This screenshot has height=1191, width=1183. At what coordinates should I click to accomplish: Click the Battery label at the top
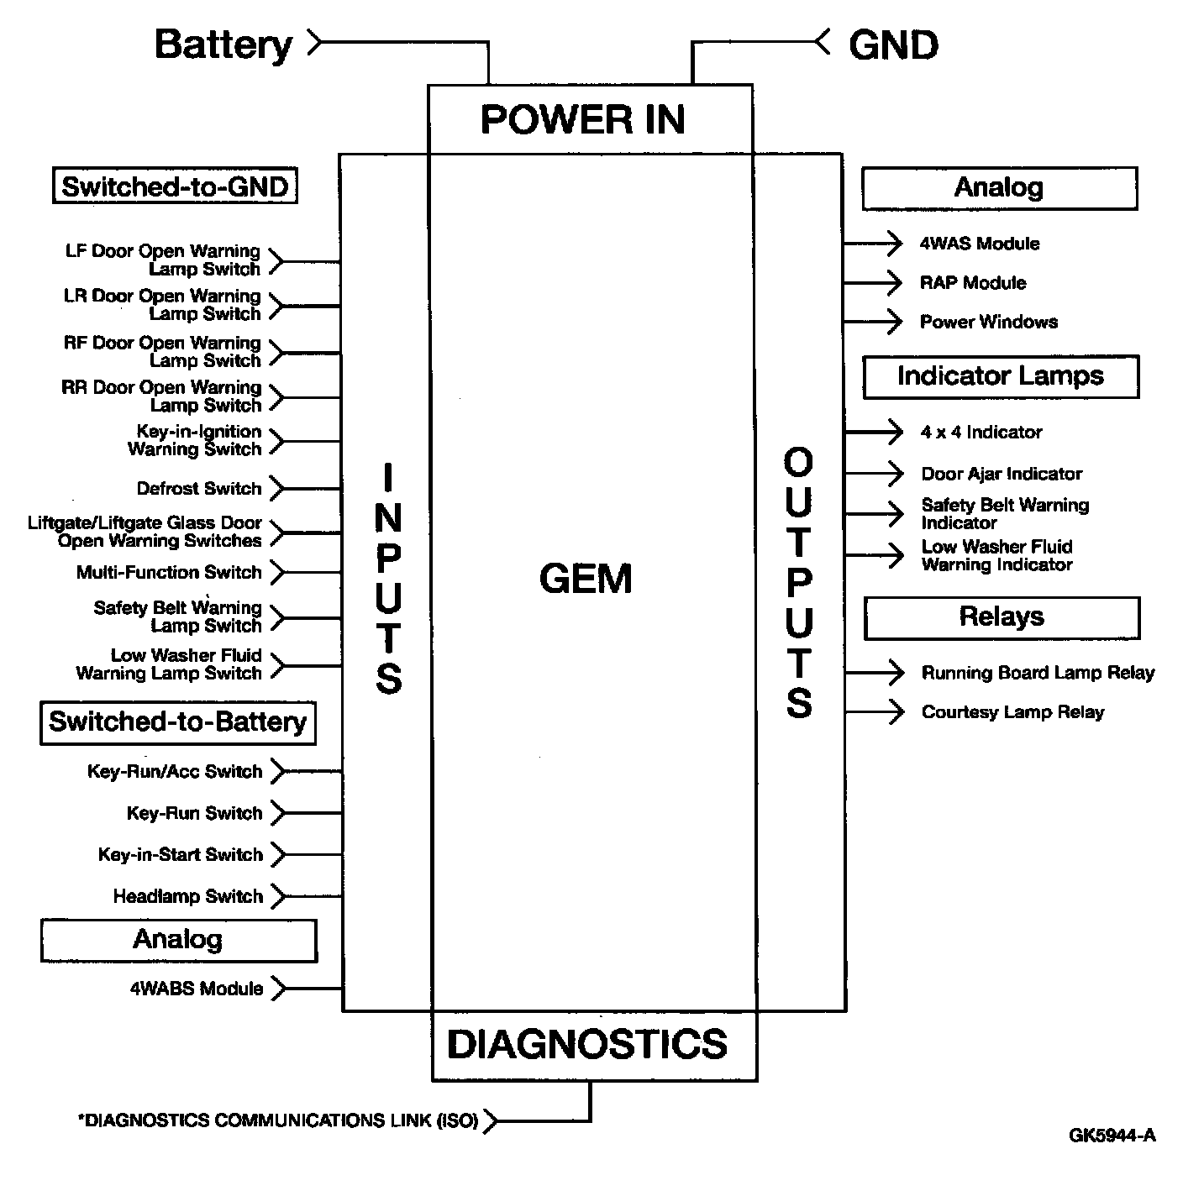223,45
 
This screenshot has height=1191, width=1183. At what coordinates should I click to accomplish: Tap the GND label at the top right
893,45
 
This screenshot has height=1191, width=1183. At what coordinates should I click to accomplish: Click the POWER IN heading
582,119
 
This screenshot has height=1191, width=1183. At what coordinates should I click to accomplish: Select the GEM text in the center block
586,579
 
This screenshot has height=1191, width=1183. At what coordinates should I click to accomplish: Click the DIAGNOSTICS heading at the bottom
587,1044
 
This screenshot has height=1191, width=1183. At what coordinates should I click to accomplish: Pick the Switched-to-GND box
175,186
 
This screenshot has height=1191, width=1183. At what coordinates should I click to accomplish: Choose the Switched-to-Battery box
177,722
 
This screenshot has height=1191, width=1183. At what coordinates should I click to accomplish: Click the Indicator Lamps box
1000,376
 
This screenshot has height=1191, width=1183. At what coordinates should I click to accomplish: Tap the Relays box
1002,617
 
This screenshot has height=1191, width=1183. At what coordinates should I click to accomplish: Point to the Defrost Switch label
199,488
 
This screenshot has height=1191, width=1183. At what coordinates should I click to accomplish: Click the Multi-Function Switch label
169,572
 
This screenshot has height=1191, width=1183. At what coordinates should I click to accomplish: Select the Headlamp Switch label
188,896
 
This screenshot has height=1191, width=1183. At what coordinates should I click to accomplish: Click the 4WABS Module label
197,989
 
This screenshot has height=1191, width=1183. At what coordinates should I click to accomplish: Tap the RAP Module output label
973,283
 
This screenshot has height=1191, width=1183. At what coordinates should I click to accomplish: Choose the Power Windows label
988,322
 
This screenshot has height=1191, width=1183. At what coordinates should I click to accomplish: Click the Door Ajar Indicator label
1002,474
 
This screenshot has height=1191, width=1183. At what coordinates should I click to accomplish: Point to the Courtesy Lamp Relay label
1012,712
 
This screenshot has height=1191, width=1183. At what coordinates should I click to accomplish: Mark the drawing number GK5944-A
1112,1136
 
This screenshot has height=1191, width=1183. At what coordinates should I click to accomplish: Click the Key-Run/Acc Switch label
175,771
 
